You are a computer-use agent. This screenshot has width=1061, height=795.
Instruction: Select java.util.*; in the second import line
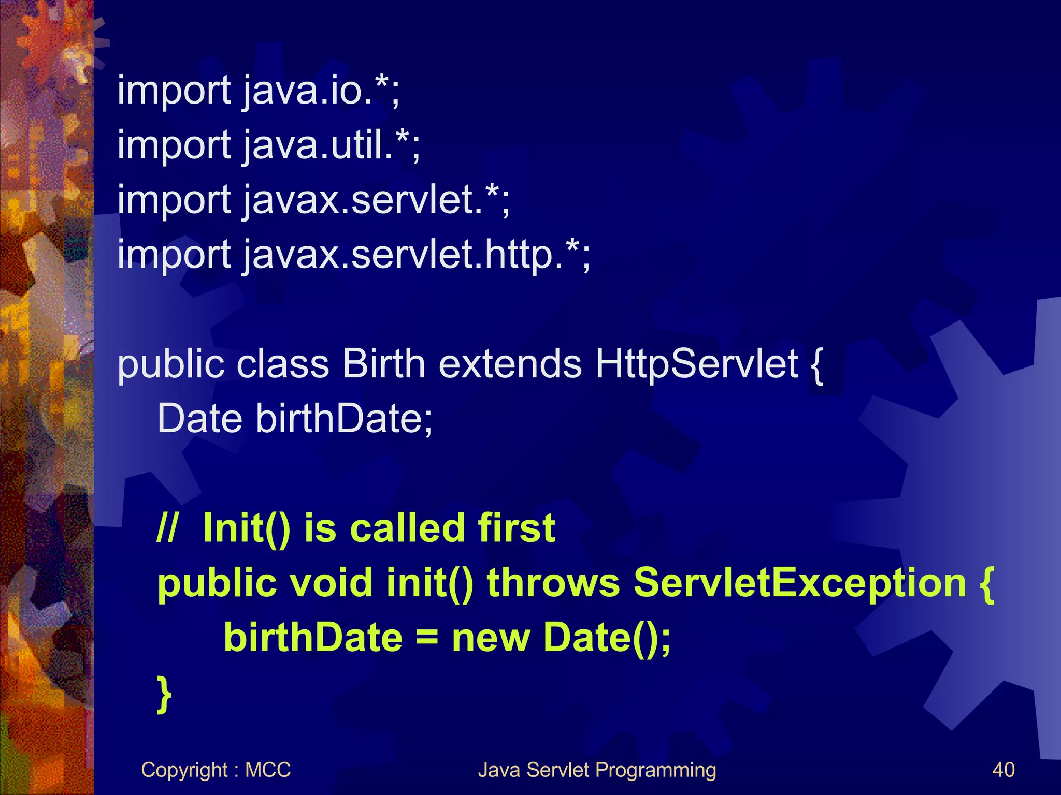tap(332, 146)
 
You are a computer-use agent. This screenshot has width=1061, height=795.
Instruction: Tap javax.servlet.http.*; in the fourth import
tap(417, 255)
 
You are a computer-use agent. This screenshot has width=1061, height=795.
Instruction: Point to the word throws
tap(553, 583)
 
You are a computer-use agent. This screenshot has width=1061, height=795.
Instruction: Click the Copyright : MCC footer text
tap(216, 770)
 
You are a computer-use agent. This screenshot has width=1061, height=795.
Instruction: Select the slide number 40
tap(1003, 770)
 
